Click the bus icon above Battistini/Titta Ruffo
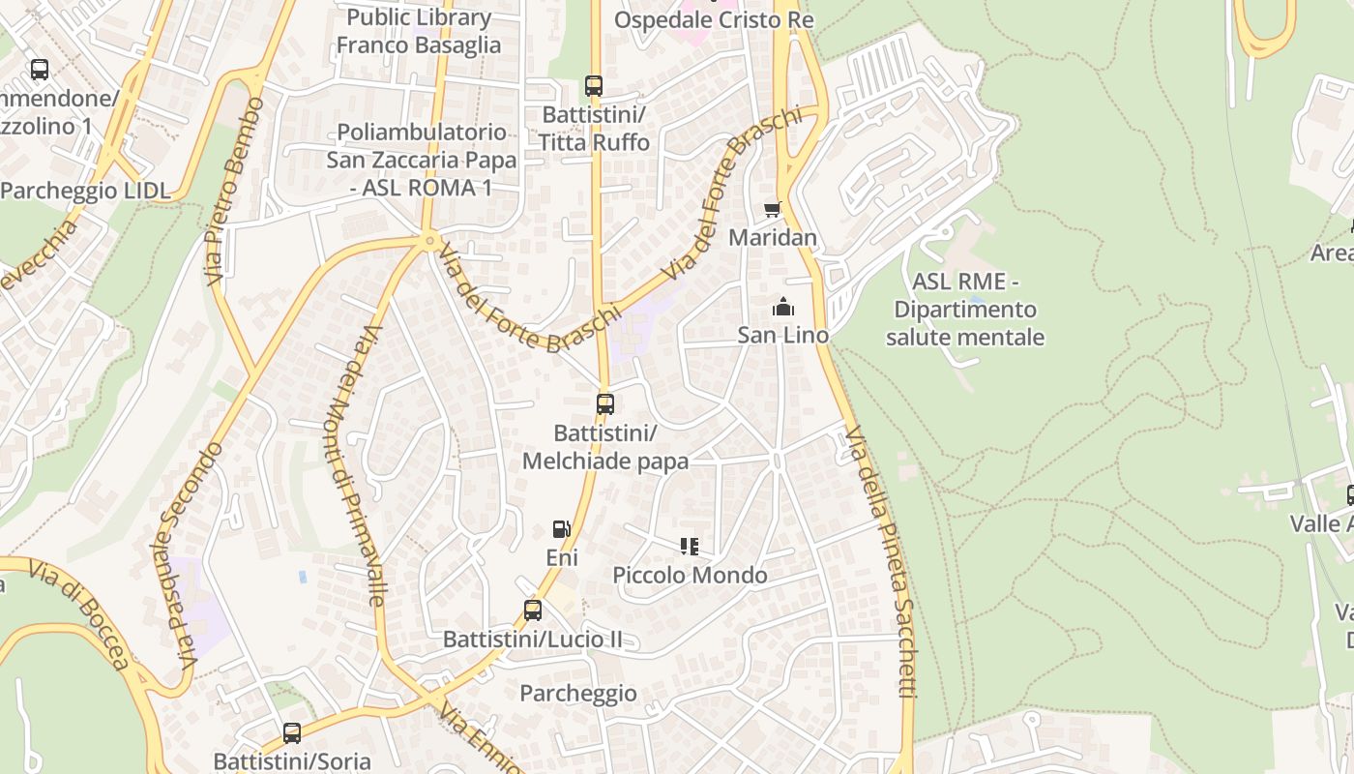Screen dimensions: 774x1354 [594, 86]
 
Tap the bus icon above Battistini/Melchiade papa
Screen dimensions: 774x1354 [605, 404]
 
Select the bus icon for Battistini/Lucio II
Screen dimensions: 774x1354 [533, 610]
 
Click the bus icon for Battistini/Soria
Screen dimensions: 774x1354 [292, 733]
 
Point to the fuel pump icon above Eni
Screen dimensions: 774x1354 [561, 529]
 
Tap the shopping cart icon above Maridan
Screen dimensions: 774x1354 [772, 209]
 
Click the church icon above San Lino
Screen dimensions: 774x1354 [782, 308]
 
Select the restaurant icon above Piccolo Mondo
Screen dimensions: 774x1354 [690, 547]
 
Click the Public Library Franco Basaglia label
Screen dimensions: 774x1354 [419, 31]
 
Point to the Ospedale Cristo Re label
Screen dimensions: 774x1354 [714, 20]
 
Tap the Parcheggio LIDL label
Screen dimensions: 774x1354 [85, 191]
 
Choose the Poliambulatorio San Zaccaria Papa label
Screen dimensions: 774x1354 [421, 160]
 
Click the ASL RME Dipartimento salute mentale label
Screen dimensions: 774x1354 [965, 310]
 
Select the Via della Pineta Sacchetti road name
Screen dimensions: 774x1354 [881, 561]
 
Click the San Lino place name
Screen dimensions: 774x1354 [783, 336]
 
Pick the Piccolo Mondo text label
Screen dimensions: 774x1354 [690, 576]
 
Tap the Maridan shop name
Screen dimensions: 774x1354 [773, 238]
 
